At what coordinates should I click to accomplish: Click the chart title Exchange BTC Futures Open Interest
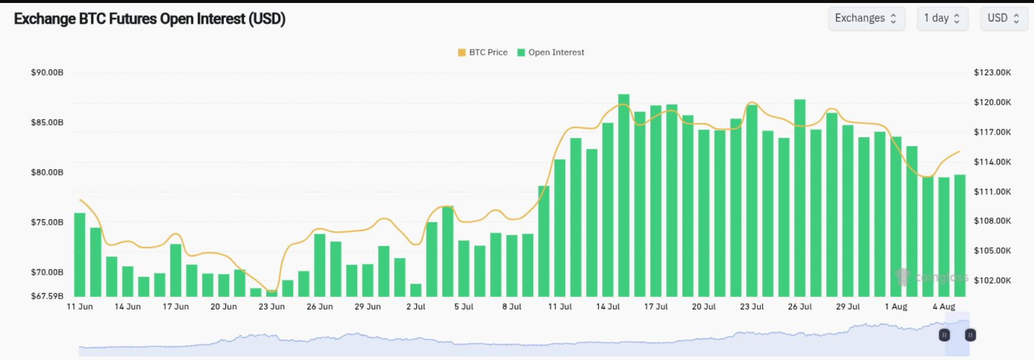[149, 19]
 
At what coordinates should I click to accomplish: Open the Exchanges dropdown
[866, 18]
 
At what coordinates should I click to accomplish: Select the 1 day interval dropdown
[942, 18]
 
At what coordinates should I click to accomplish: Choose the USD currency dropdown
[1004, 18]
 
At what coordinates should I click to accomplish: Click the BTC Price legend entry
[482, 52]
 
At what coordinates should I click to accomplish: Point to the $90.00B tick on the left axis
[47, 73]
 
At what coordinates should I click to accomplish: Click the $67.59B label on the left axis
[47, 296]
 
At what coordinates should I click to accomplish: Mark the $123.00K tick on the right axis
[992, 73]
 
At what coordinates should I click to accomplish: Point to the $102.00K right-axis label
[992, 280]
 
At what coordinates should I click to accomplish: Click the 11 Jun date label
[79, 306]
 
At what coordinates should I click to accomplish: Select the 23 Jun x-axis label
[271, 306]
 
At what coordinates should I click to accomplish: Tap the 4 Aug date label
[944, 306]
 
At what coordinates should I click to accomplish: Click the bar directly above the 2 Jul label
[416, 290]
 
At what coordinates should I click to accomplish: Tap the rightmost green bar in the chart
[959, 236]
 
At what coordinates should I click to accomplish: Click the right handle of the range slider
[970, 335]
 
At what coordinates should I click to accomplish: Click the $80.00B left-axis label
[47, 172]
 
